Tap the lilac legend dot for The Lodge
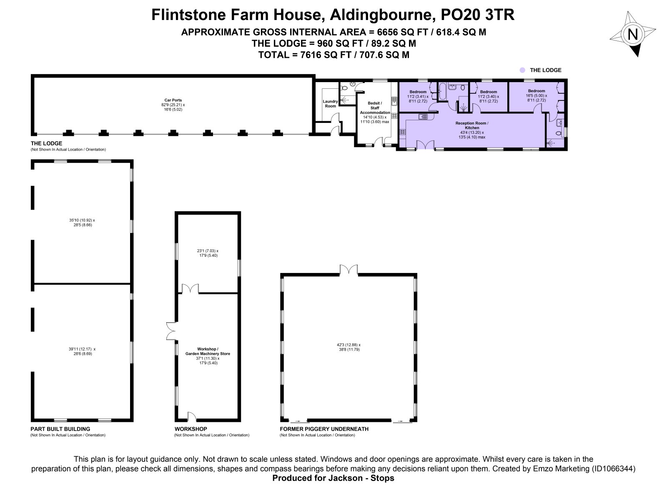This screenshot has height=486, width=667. coord(522,70)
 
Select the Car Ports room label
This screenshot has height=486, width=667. coord(173,100)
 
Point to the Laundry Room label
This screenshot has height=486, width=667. coord(330,104)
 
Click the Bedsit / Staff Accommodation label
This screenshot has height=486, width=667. coord(375,108)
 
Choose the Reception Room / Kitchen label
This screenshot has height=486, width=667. coord(472,125)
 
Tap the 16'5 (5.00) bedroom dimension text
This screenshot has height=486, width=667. coord(536,95)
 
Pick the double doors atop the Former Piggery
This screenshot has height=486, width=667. coord(349,270)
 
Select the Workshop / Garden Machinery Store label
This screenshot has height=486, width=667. coord(208,351)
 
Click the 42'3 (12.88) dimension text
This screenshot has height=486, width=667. coord(349,345)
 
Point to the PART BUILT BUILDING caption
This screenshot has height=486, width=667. coord(60,429)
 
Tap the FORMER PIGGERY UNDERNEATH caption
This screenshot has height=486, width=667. coord(324,429)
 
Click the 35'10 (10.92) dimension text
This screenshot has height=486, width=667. coord(82,220)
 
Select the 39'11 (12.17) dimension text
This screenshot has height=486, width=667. coord(82,349)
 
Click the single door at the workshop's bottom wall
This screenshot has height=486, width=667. coord(192,416)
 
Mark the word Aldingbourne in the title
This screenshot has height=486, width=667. coord(381,15)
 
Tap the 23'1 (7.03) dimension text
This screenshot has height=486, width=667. coord(208,251)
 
